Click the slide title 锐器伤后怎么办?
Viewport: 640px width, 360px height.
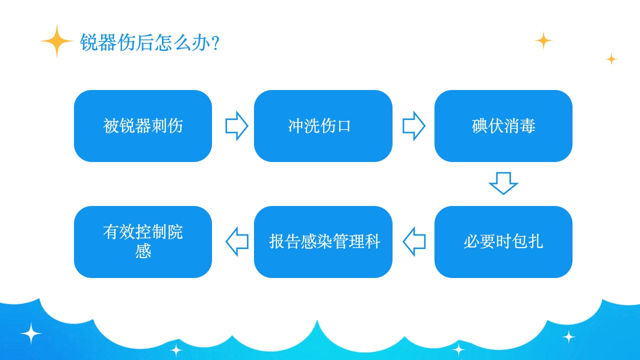pyautogui.click(x=149, y=43)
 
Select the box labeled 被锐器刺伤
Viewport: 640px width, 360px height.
pyautogui.click(x=143, y=126)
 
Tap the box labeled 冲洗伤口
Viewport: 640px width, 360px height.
pyautogui.click(x=323, y=126)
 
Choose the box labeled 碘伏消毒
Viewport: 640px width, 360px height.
pyautogui.click(x=503, y=126)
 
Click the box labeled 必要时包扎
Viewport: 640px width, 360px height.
pyautogui.click(x=503, y=242)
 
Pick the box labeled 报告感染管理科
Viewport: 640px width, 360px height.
pyautogui.click(x=323, y=242)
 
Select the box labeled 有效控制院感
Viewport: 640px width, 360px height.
pyautogui.click(x=143, y=242)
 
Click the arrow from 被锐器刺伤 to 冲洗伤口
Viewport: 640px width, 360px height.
pyautogui.click(x=236, y=126)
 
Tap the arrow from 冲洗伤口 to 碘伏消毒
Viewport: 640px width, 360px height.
pyautogui.click(x=414, y=126)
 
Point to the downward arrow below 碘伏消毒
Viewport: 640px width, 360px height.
pyautogui.click(x=503, y=183)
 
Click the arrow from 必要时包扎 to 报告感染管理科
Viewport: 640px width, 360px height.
pyautogui.click(x=414, y=242)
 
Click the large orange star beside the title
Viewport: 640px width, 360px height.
pyautogui.click(x=57, y=41)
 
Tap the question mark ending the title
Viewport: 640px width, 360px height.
pyautogui.click(x=215, y=43)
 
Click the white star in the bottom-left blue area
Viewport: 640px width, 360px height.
pyautogui.click(x=31, y=333)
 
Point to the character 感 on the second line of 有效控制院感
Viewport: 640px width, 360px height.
pyautogui.click(x=143, y=251)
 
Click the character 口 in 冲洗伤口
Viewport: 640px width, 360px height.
pyautogui.click(x=344, y=126)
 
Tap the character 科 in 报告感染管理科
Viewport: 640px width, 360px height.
pyautogui.click(x=372, y=242)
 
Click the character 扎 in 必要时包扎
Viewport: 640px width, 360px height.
pyautogui.click(x=534, y=242)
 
